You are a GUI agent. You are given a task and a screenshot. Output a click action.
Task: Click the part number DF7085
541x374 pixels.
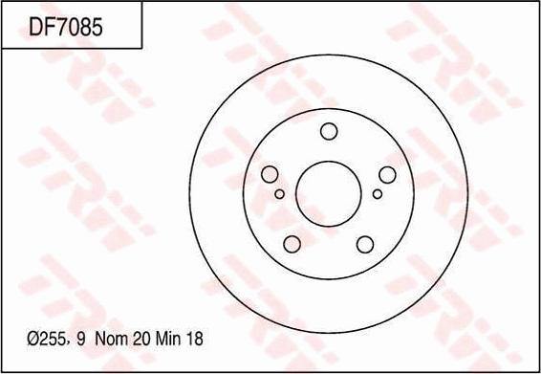[x=66, y=28]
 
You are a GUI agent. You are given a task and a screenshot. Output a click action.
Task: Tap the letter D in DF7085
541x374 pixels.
[x=35, y=28]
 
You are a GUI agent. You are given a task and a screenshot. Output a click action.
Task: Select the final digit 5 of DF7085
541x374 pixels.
[x=97, y=28]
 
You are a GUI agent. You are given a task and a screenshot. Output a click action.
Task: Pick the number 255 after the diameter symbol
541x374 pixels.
[x=54, y=340]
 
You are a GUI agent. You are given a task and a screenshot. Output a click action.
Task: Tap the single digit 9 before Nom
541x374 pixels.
[x=80, y=340]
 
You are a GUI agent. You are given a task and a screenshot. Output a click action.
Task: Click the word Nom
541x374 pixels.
[x=112, y=340]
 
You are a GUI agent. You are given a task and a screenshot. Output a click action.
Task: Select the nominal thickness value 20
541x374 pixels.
[x=141, y=340]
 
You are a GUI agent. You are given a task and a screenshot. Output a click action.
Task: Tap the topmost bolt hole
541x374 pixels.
[x=328, y=131]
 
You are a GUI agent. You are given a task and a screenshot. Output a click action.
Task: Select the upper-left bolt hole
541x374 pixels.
[x=270, y=173]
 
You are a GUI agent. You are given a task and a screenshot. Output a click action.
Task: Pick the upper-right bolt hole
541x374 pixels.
[x=387, y=173]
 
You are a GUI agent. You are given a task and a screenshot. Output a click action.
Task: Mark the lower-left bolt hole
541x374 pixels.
[x=292, y=243]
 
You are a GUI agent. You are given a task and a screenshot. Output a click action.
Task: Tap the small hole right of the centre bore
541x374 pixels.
[x=378, y=193]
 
